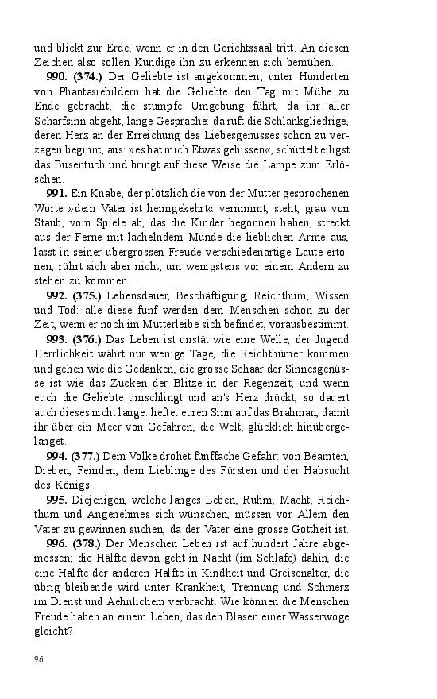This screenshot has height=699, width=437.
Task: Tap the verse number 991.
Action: point(56,193)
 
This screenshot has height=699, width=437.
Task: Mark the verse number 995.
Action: point(56,500)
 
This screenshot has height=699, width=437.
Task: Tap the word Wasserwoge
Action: point(314,616)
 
